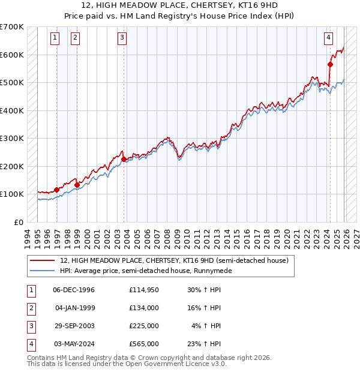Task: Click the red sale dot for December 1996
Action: click(57, 190)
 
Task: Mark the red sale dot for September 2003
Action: click(124, 160)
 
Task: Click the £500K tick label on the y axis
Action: click(12, 83)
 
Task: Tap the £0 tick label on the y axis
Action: click(19, 222)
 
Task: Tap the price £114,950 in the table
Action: click(143, 289)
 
